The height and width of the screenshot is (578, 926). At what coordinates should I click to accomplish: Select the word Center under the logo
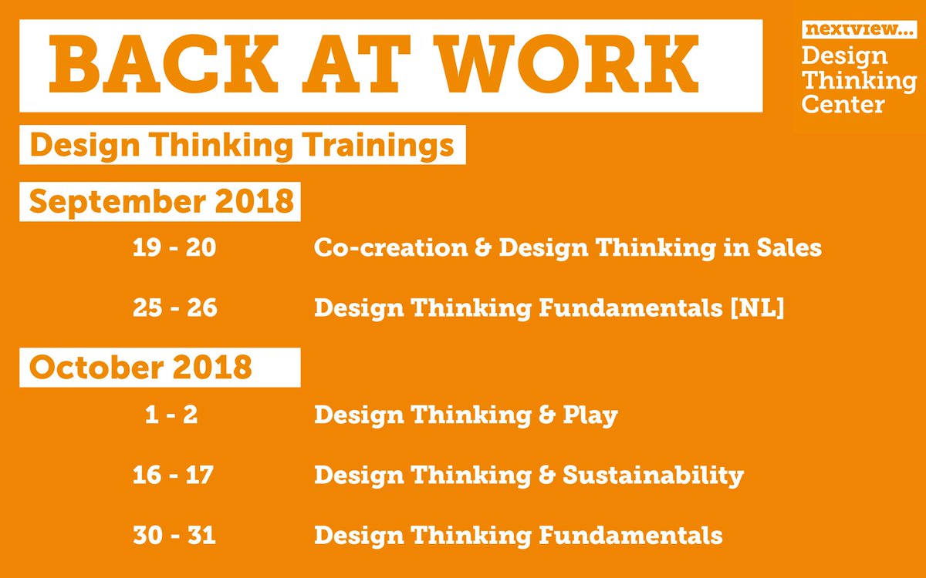pos(843,102)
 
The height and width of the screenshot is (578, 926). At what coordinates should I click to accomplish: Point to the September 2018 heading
pos(161,201)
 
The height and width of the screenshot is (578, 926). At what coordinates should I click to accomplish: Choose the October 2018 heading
pos(141,368)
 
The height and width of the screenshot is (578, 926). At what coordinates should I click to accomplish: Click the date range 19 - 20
pos(174,248)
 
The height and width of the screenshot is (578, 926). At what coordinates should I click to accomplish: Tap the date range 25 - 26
pos(174,308)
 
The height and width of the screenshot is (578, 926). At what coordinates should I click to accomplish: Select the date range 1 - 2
pos(171,415)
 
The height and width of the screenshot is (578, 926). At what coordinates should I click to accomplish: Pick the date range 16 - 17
pos(173,475)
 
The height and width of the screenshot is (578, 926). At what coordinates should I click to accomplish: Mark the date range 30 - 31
pos(173,534)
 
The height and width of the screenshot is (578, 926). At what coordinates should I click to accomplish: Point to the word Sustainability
pos(653,475)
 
